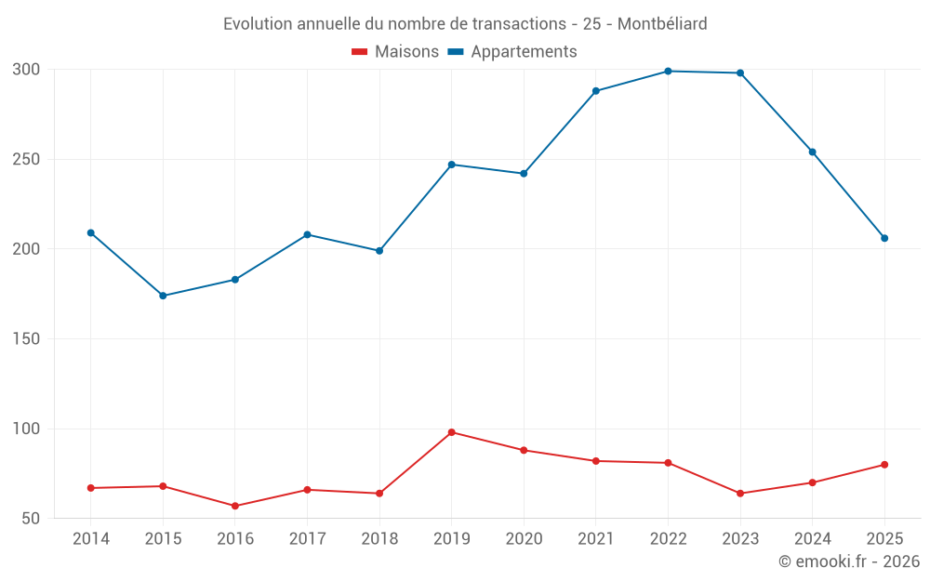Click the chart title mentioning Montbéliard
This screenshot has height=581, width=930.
(465, 24)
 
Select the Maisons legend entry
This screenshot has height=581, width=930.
(395, 51)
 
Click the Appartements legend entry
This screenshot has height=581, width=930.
(512, 51)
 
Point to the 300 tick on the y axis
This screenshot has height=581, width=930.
(26, 70)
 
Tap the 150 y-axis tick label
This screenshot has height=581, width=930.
(26, 338)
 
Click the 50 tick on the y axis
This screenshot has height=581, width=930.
(31, 518)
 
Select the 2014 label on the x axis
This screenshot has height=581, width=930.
(91, 538)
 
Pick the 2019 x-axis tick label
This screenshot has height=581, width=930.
(452, 538)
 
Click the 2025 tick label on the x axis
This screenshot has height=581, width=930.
(884, 538)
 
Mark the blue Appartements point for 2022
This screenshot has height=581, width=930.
(668, 72)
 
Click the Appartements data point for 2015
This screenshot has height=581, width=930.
(163, 296)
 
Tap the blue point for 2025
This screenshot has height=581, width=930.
(884, 238)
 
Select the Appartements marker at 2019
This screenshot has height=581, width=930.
(452, 165)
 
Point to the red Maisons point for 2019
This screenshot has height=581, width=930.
(452, 432)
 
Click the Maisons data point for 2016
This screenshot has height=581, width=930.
(235, 506)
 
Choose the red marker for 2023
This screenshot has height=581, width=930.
(740, 494)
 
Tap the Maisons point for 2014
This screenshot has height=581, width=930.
(91, 488)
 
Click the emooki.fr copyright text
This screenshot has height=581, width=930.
(849, 561)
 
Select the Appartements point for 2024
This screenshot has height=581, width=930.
(813, 152)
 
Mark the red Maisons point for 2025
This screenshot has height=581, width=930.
(884, 465)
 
